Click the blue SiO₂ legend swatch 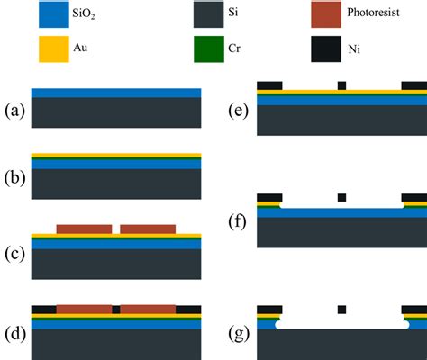[x=54, y=14]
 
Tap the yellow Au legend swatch [x=54, y=49]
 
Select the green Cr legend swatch [x=209, y=49]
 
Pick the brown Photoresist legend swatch [x=326, y=14]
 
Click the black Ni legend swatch [x=326, y=49]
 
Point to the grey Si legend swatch [x=209, y=14]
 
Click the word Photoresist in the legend [x=373, y=13]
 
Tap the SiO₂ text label [x=84, y=13]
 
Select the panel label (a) [x=14, y=112]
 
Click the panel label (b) [x=14, y=178]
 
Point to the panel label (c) [x=14, y=255]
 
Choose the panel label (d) [x=15, y=335]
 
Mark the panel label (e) [x=239, y=112]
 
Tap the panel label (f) [x=237, y=222]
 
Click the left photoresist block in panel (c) [x=84, y=229]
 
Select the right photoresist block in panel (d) [x=148, y=310]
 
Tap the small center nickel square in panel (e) [x=341, y=85]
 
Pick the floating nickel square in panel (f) [x=341, y=198]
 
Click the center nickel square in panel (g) [x=341, y=310]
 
